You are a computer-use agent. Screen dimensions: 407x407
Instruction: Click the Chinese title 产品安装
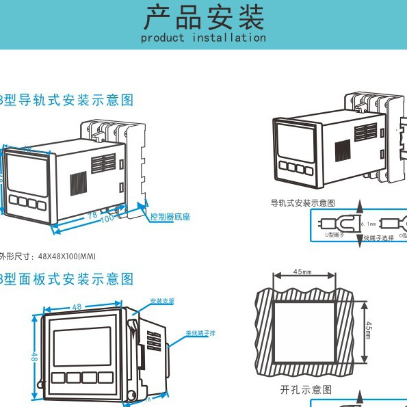pos(203,17)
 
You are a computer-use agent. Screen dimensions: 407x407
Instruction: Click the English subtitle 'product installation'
pos(203,38)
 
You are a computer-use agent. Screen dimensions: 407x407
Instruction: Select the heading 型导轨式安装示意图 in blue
pos(68,100)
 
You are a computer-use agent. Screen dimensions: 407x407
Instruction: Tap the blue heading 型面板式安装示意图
pos(68,279)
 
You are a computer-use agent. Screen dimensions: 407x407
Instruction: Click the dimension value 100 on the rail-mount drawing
pos(107,220)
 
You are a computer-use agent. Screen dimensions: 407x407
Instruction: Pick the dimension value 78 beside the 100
pos(92,215)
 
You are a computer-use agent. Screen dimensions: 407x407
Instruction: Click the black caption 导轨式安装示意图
pos(302,203)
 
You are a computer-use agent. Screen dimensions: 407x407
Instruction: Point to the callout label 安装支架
pos(162,300)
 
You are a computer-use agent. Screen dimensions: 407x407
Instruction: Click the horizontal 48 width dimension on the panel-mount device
pos(77,307)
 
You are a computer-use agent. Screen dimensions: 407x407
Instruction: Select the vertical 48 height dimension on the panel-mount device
pos(34,356)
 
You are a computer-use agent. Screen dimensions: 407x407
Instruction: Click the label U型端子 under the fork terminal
pos(334,235)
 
